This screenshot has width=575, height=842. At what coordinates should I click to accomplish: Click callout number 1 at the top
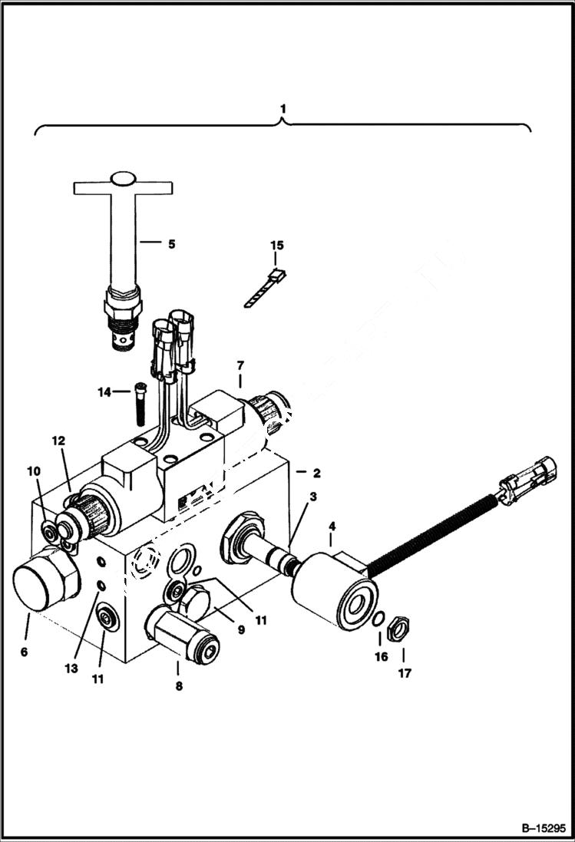pos(283,110)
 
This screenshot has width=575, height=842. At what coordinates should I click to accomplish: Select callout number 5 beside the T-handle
pos(171,244)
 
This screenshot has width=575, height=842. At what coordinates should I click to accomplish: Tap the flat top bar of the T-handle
pos(123,187)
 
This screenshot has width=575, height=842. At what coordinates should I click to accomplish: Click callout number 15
pos(276,246)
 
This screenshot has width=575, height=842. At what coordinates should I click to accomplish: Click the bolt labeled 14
pos(141,402)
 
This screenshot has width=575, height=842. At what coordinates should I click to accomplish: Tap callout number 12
pos(59,441)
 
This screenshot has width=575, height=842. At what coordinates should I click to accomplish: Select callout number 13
pos(71,669)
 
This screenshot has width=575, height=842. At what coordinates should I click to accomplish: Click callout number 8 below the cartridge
pos(178,686)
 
